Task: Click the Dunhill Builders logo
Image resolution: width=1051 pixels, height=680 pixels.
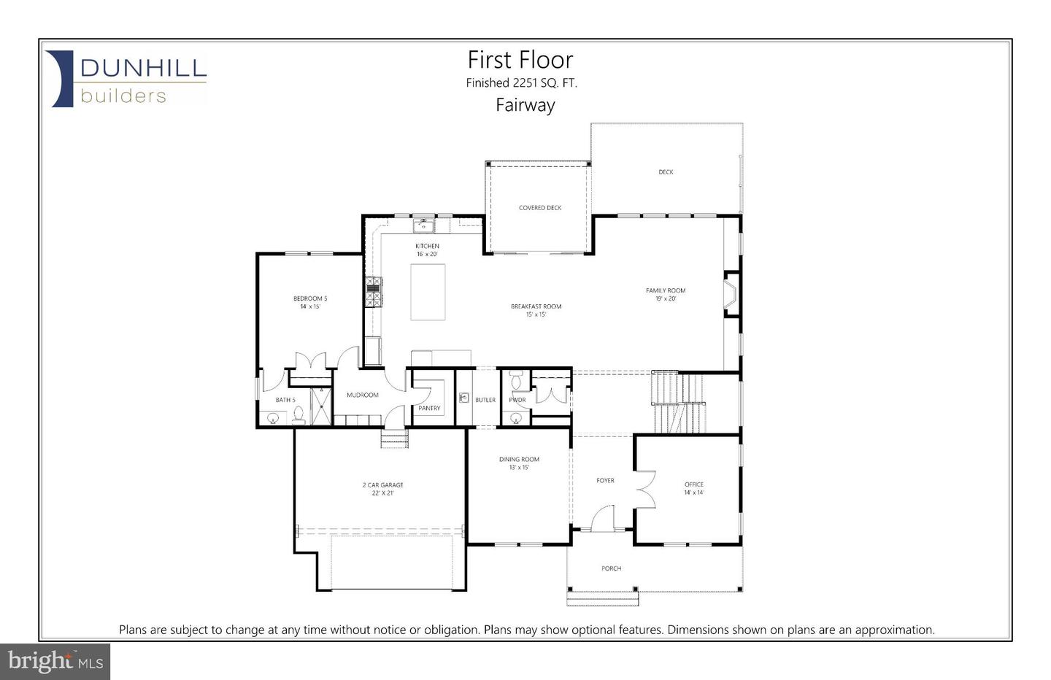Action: tap(126, 80)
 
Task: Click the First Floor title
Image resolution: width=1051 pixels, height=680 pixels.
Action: tap(520, 60)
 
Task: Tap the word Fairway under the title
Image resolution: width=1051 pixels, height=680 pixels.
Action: tap(525, 105)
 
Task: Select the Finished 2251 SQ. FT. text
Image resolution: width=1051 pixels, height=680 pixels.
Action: tap(521, 83)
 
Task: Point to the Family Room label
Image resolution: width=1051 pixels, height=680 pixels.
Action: tap(665, 294)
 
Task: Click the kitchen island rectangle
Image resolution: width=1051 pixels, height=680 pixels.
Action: tap(428, 292)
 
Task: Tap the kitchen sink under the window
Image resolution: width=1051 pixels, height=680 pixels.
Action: tap(423, 226)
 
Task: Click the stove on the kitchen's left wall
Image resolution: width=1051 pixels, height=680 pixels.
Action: tap(374, 293)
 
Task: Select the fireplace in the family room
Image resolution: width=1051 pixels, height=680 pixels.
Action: tap(731, 294)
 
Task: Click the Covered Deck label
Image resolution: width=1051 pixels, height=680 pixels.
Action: tap(540, 208)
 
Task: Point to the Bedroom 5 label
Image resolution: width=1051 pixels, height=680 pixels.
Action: tap(310, 302)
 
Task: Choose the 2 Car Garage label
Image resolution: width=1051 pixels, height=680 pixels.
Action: tap(382, 489)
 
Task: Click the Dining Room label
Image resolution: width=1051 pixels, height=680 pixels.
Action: tap(519, 463)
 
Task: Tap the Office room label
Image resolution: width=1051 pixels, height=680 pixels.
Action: tap(693, 488)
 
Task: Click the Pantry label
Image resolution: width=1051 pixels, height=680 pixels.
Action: tap(429, 409)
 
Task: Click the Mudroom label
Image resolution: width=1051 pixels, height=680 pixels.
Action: tap(362, 395)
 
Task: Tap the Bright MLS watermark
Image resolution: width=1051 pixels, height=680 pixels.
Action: tap(55, 662)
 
